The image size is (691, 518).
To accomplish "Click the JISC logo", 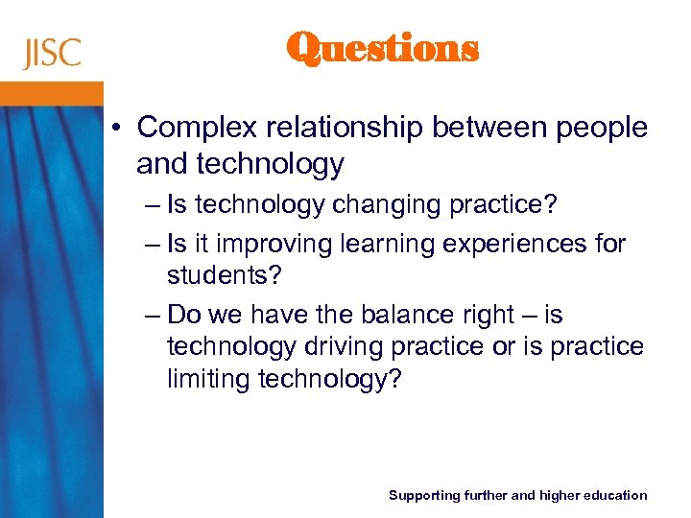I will tap(52, 53).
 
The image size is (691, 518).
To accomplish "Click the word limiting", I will tap(208, 380).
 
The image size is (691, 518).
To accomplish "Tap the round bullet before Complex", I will tap(119, 128).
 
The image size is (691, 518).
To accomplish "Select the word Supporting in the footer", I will tap(424, 495).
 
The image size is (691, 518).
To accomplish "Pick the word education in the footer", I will tap(614, 495).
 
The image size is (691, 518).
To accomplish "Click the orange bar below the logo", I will tap(52, 93).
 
